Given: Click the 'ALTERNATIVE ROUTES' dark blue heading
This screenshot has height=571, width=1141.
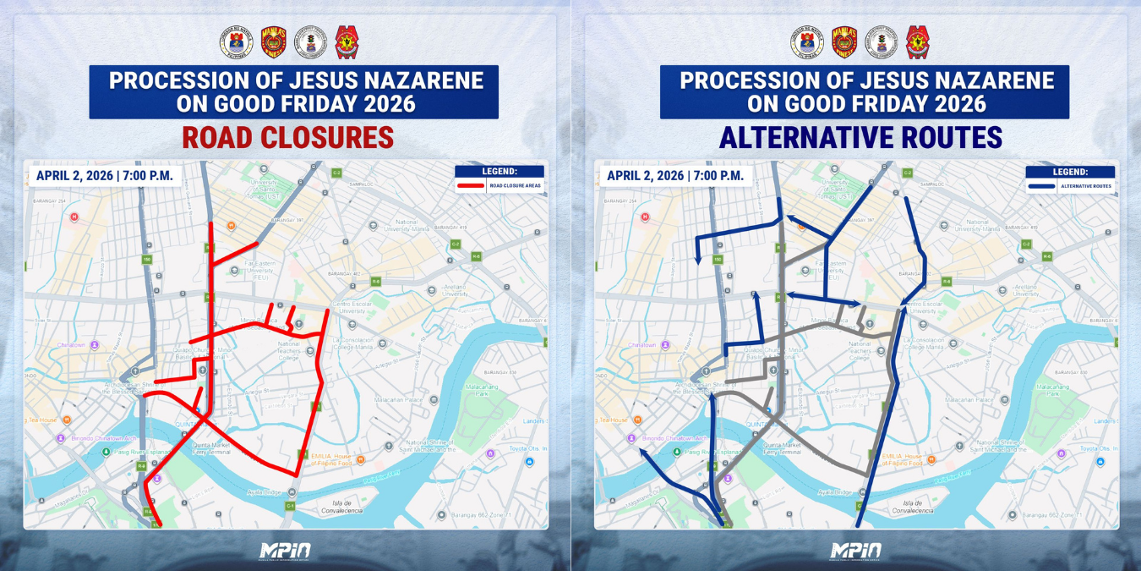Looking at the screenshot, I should click(860, 137).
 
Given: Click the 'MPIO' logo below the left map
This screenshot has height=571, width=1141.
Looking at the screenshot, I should click(285, 551).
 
